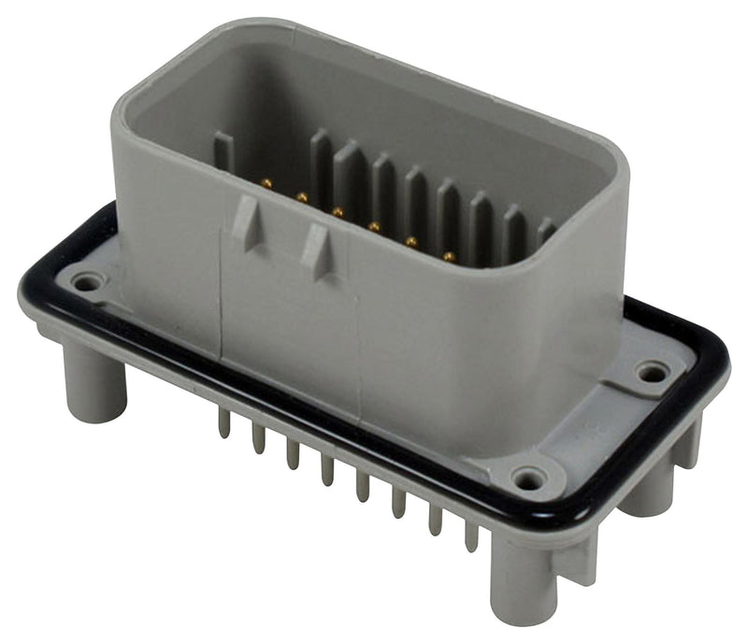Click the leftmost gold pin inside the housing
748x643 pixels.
pyautogui.click(x=267, y=184)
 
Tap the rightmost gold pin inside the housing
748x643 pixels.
pyautogui.click(x=449, y=255)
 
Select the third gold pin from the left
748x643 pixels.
pyautogui.click(x=338, y=212)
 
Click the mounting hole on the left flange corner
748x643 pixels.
pyautogui.click(x=88, y=280)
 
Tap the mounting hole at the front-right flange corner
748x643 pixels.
pyautogui.click(x=530, y=480)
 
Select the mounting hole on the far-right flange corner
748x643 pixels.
pyautogui.click(x=653, y=372)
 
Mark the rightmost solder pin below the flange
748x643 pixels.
pyautogui.click(x=471, y=535)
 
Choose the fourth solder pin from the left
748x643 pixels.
pyautogui.click(x=327, y=469)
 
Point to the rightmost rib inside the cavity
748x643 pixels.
pyautogui.click(x=546, y=232)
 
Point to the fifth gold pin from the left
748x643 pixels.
pyautogui.click(x=410, y=241)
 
